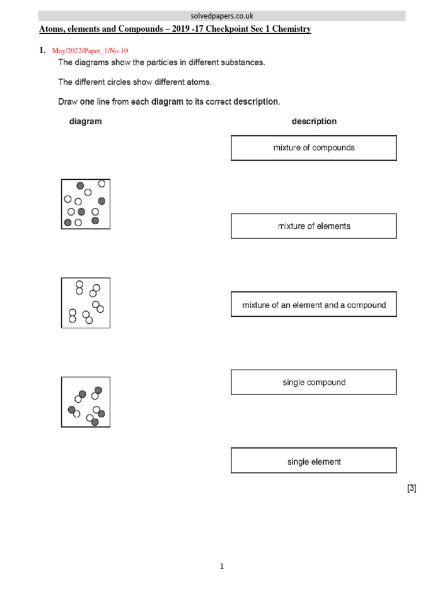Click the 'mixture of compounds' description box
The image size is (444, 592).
click(x=314, y=148)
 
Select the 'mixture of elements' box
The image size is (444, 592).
click(x=314, y=226)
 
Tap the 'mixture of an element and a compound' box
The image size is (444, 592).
click(x=314, y=305)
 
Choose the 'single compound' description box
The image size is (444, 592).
click(x=314, y=382)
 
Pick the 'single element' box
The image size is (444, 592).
click(x=314, y=461)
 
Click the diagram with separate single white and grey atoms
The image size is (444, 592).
click(x=86, y=203)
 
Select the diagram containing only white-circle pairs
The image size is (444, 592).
click(x=86, y=302)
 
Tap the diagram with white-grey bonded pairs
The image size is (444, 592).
click(x=86, y=402)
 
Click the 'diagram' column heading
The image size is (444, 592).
click(x=86, y=121)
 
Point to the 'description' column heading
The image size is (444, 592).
click(x=314, y=121)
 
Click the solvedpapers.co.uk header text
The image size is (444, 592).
click(x=222, y=16)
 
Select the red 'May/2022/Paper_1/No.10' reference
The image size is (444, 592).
click(x=90, y=51)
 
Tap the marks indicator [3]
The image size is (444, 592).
click(x=411, y=489)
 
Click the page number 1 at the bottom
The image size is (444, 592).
click(x=221, y=567)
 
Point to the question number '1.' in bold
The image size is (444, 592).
click(x=42, y=50)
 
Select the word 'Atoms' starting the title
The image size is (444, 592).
click(x=51, y=29)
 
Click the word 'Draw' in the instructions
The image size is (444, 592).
click(x=68, y=102)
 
